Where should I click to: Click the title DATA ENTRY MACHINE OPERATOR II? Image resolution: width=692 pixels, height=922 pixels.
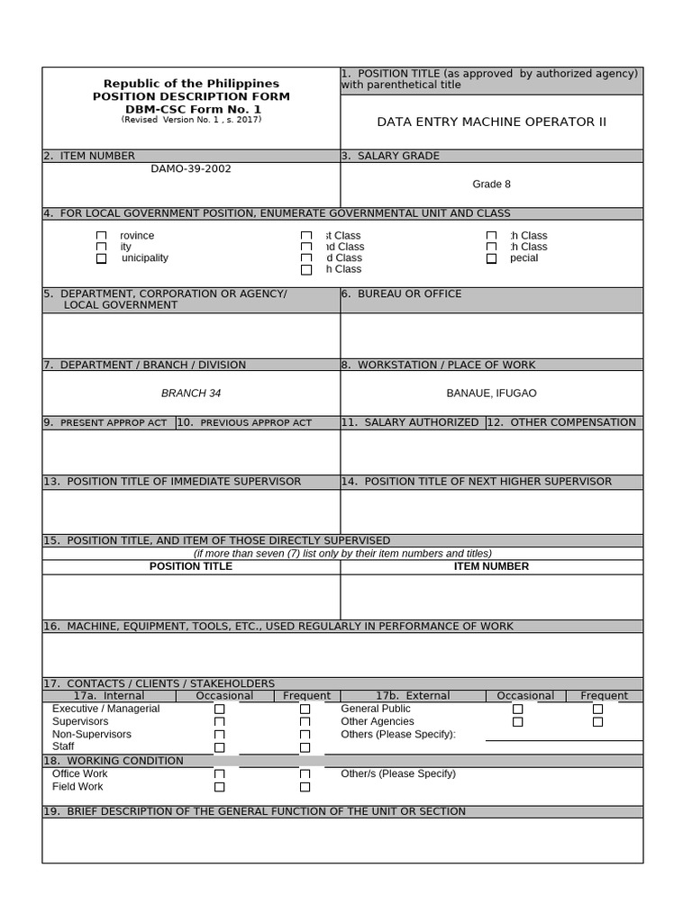tap(491, 122)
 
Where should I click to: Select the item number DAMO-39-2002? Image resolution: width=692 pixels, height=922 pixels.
tap(190, 168)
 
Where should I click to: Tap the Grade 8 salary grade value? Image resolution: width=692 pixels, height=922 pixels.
tap(491, 185)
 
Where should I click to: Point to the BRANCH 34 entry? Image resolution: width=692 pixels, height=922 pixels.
tap(191, 393)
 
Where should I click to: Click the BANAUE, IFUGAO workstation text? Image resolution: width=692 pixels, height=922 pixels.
tap(491, 393)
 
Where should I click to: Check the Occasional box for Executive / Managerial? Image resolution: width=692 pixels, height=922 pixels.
tap(219, 710)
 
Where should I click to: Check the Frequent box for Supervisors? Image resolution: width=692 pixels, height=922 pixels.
tap(305, 722)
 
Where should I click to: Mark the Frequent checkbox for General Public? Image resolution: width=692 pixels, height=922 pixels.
tap(597, 710)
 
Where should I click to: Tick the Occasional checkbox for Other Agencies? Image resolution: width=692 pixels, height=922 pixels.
tap(517, 722)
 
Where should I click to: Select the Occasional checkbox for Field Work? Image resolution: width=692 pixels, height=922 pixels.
tap(219, 787)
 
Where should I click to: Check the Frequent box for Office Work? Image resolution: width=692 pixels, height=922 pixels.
tap(305, 774)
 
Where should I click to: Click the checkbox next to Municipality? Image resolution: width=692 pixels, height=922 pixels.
tap(101, 258)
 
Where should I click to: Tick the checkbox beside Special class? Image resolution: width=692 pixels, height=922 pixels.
tap(491, 258)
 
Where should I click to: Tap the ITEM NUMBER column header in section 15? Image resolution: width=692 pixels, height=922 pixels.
tap(491, 566)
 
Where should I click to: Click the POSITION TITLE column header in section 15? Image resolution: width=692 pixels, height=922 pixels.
tap(191, 566)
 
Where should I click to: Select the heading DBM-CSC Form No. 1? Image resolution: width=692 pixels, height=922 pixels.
tap(191, 109)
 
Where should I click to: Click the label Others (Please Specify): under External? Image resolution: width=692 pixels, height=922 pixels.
tap(398, 735)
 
